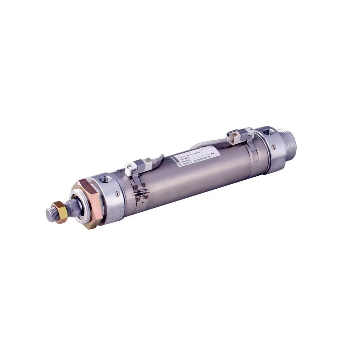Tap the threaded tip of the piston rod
pyautogui.click(x=49, y=215)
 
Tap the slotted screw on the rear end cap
pyautogui.click(x=274, y=147)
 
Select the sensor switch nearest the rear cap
pyautogui.click(x=236, y=135)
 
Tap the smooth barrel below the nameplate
pyautogui.click(x=202, y=180)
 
